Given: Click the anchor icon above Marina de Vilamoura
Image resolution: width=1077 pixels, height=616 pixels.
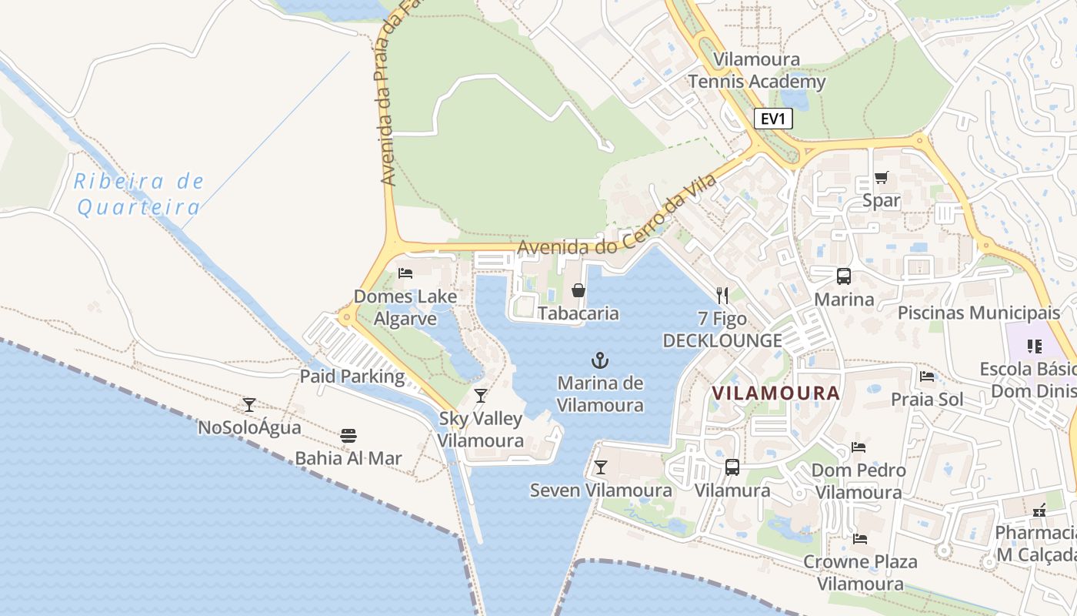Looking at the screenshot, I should click(599, 360).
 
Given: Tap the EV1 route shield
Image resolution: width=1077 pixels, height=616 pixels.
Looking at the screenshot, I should click(772, 119).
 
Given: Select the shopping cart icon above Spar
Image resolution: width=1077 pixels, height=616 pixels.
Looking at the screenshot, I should click(882, 178).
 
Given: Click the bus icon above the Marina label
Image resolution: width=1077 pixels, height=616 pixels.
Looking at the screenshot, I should click(844, 276).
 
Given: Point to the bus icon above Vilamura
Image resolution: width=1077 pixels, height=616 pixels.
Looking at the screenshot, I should click(732, 467).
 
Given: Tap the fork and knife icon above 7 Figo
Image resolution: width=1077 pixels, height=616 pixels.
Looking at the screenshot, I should click(722, 295).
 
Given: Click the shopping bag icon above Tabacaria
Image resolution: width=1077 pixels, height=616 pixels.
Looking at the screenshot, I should click(578, 290).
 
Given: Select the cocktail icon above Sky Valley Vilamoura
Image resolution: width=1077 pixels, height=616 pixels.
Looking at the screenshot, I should click(481, 396).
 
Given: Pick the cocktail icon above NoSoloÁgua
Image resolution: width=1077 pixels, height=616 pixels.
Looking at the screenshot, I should click(249, 404).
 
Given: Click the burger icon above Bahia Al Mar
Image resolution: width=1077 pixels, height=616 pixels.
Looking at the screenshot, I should click(348, 435).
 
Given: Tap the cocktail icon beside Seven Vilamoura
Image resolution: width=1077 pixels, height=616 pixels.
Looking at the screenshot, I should click(600, 467).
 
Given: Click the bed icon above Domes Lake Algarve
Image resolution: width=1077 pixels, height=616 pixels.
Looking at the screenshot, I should click(405, 273).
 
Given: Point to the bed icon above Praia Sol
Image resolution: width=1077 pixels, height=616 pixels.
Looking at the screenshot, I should click(927, 377).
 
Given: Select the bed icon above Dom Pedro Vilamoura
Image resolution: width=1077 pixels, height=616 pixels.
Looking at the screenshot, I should click(859, 447).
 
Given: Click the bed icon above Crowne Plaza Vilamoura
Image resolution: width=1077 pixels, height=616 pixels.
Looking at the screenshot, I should click(860, 538).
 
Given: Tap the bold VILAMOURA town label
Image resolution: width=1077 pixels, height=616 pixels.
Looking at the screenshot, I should click(775, 393).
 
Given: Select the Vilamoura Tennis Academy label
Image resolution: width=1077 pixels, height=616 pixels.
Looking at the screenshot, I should click(757, 70).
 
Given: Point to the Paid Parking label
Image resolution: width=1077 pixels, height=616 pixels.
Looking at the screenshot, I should click(352, 377).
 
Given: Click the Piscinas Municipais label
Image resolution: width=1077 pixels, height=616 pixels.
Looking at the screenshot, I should click(979, 313).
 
